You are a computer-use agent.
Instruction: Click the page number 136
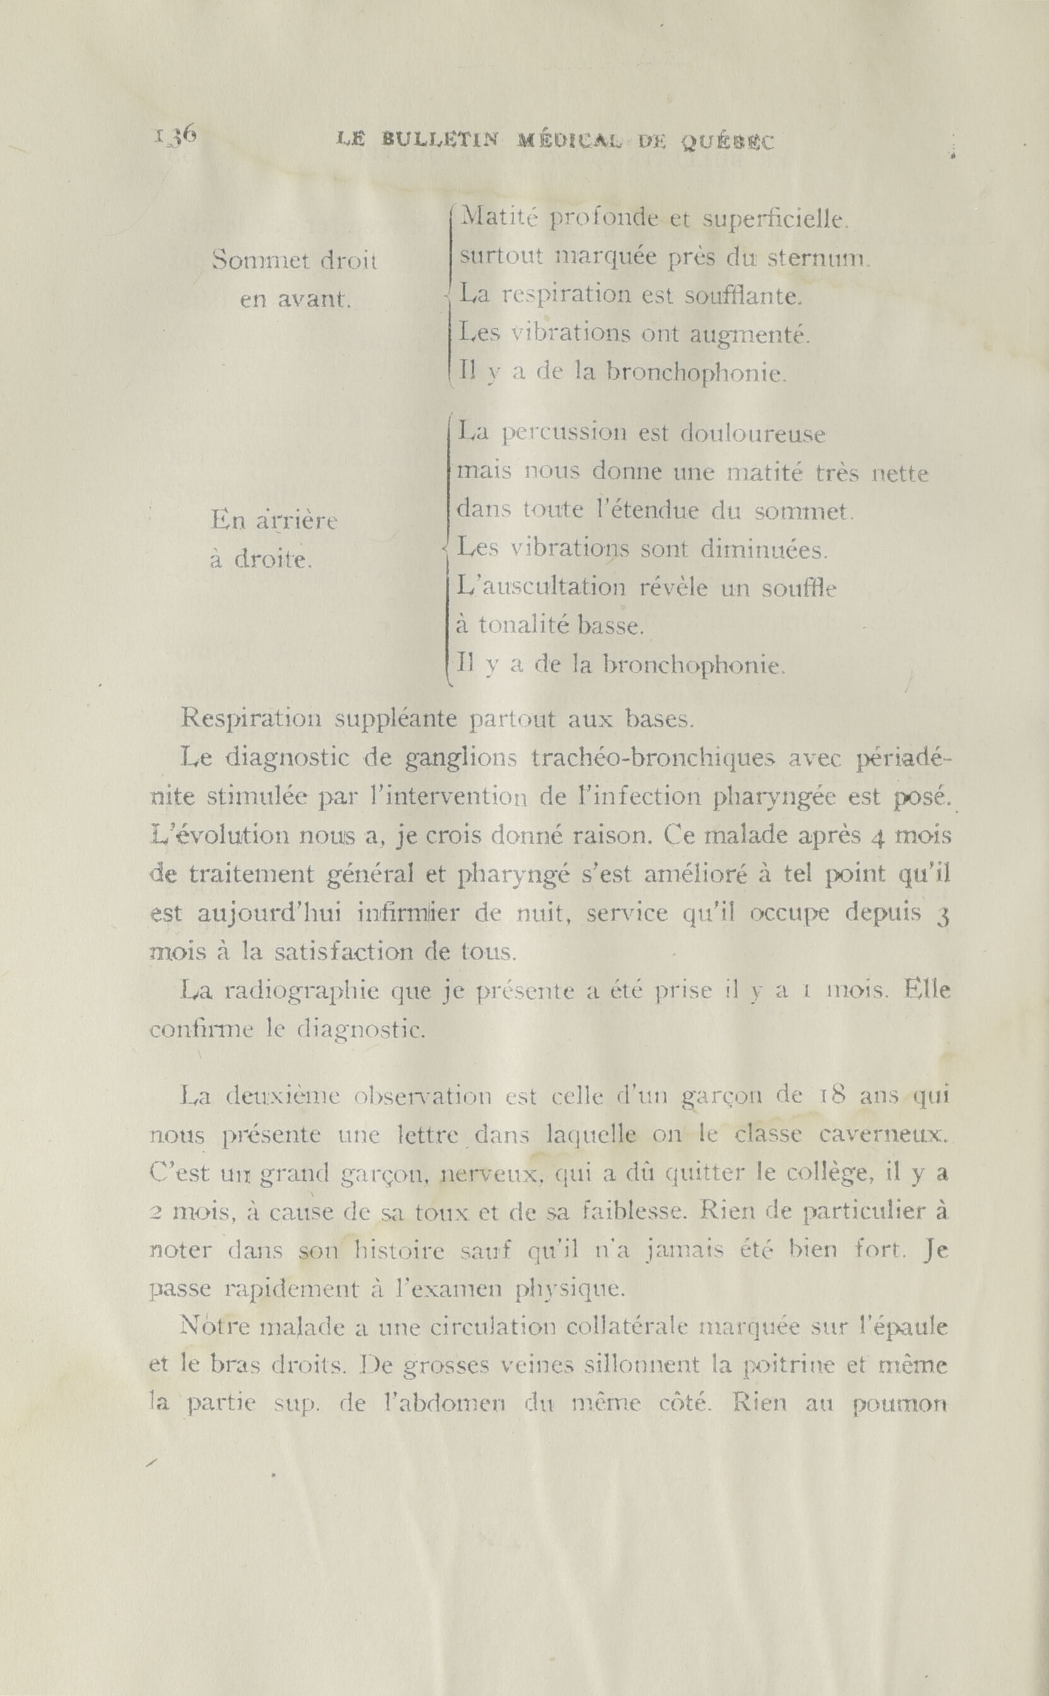pos(175,136)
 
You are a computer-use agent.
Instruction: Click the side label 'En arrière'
pos(274,520)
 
